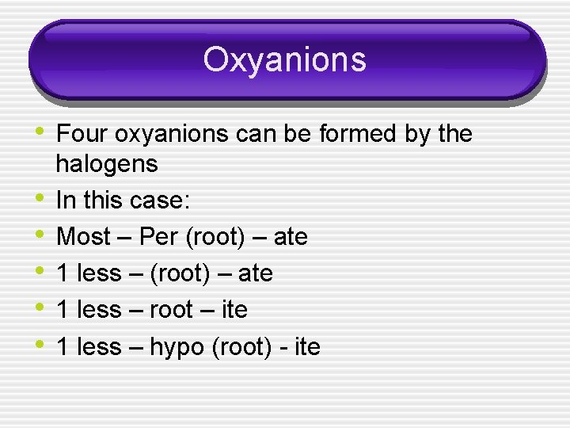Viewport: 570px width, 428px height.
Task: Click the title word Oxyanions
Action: coord(284,59)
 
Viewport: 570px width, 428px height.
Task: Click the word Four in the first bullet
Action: coord(83,134)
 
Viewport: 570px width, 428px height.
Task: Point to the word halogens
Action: coord(107,164)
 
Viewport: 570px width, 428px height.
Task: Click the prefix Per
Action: coord(158,237)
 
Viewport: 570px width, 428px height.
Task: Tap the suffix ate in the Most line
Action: coord(290,237)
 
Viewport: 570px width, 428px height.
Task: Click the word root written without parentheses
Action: coord(171,310)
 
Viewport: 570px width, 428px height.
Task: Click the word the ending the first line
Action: coord(454,134)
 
